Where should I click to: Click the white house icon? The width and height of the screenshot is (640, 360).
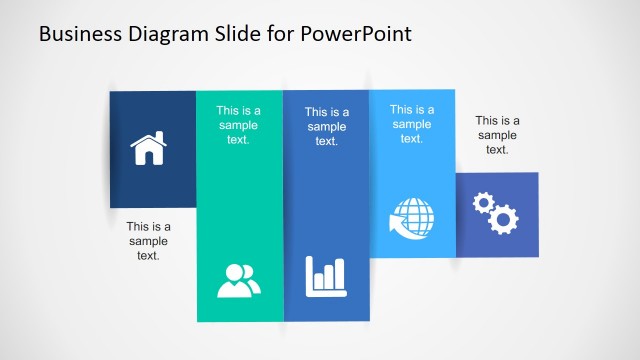coord(149,149)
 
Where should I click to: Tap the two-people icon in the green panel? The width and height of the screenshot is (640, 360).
coord(239,280)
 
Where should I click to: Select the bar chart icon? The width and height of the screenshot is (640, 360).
coord(326,273)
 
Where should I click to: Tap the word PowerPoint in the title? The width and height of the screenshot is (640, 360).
coord(355,34)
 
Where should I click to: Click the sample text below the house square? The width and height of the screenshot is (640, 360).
coord(148,241)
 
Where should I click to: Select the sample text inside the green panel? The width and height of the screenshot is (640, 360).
coord(238,125)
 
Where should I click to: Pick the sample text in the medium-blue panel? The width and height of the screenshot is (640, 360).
coord(326,127)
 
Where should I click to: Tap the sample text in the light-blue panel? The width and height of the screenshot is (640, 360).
coord(411,124)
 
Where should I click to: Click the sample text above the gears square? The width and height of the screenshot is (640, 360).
coord(497,135)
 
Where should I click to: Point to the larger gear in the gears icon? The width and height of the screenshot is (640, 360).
coord(504,219)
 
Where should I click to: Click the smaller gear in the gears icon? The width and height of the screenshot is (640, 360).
coord(484,204)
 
